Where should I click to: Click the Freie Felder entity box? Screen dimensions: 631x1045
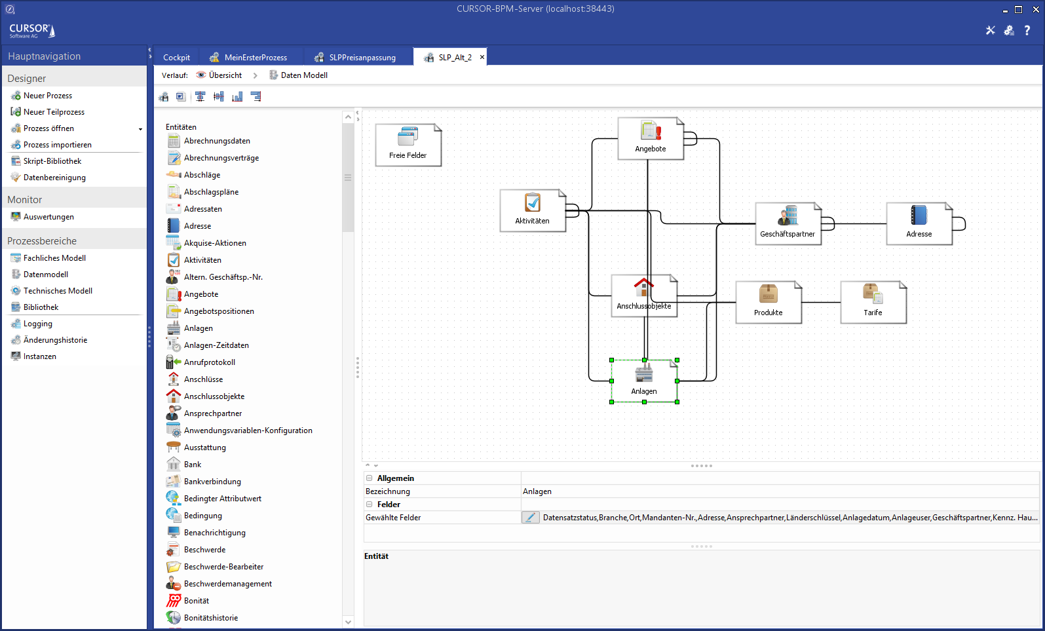coord(408,145)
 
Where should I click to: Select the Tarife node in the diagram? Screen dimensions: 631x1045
coord(873,302)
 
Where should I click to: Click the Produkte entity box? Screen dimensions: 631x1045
coord(768,302)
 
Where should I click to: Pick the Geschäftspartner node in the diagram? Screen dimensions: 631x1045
coord(788,223)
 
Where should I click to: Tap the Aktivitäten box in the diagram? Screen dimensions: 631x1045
coord(532,210)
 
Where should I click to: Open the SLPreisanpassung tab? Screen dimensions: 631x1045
coord(362,58)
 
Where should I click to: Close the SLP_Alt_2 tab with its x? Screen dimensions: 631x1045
coord(482,57)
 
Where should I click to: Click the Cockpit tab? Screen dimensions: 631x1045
coord(176,58)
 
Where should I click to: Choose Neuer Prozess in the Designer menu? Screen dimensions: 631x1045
coord(48,96)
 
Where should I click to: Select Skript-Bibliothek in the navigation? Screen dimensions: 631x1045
coord(52,161)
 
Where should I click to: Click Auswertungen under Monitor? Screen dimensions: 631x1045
coord(48,217)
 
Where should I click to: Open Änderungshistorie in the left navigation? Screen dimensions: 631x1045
coord(55,340)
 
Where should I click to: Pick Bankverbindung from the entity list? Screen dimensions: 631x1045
coord(212,482)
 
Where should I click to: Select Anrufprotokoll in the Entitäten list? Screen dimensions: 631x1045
coord(210,362)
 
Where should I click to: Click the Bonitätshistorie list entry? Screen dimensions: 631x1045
coord(211,618)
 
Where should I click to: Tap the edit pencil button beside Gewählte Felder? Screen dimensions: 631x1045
coord(530,518)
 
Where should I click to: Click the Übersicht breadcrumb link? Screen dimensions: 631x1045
coord(225,75)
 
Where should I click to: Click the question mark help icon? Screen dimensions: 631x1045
coord(1027,30)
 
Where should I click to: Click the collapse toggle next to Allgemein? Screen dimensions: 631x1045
coord(370,478)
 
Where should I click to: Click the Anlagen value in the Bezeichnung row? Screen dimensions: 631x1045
coord(537,491)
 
